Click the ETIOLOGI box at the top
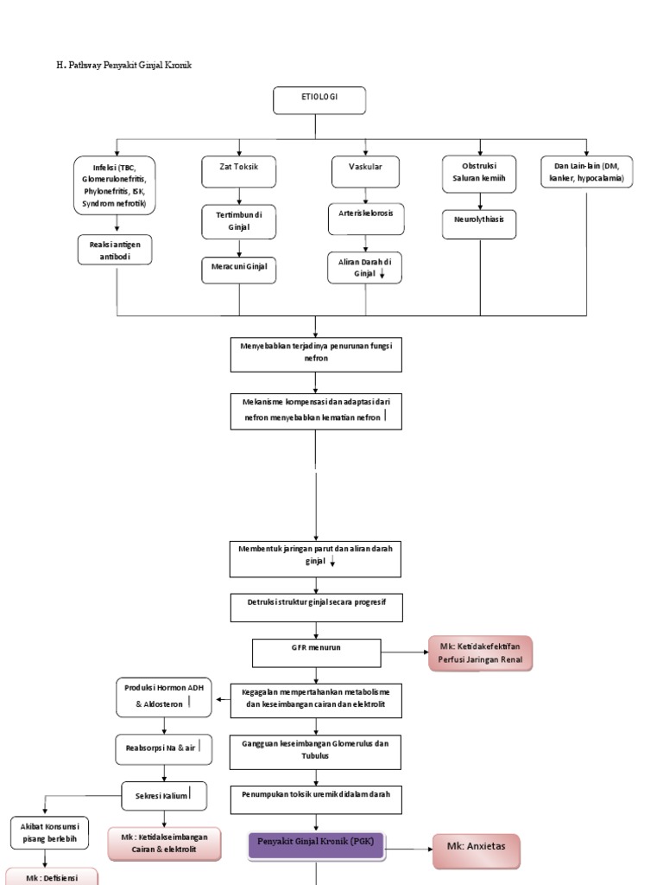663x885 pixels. click(319, 100)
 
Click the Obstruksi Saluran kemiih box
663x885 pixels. click(478, 174)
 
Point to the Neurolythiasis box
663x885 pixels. click(479, 223)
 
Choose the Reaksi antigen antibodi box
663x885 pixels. click(115, 251)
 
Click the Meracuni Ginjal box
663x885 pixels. click(239, 270)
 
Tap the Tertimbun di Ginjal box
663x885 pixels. click(239, 221)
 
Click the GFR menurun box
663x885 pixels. click(316, 653)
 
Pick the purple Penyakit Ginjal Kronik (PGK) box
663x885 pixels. click(316, 844)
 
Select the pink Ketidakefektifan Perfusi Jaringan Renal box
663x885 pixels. click(481, 653)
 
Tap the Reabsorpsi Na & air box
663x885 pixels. click(162, 748)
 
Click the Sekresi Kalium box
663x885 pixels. click(164, 795)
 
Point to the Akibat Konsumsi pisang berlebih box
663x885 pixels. click(43, 832)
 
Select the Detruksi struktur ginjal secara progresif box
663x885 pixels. click(316, 607)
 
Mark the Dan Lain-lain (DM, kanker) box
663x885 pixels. click(586, 171)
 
